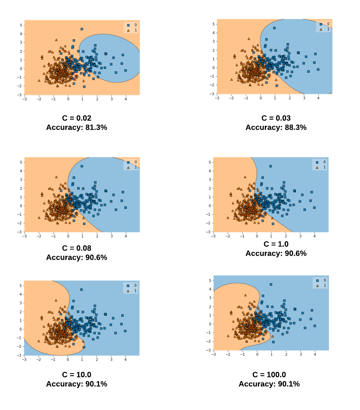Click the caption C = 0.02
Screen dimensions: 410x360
[x=76, y=118]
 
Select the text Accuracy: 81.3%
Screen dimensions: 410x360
[x=76, y=128]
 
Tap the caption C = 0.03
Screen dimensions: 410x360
[x=276, y=118]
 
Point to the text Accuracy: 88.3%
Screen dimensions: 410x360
[x=276, y=128]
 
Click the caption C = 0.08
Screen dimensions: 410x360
[x=76, y=248]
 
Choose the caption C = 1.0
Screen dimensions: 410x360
[x=276, y=244]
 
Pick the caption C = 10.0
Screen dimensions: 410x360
[x=76, y=375]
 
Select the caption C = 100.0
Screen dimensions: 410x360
[x=269, y=375]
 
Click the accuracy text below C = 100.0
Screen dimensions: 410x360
[x=269, y=384]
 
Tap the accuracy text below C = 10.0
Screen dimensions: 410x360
[x=76, y=384]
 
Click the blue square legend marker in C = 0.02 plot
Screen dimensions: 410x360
[x=128, y=25]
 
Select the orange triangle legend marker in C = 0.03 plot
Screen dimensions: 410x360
[x=321, y=29]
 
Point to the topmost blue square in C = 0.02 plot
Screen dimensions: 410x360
[x=82, y=29]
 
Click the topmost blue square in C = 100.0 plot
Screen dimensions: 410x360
[x=271, y=285]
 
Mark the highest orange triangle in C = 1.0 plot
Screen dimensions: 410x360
[x=245, y=177]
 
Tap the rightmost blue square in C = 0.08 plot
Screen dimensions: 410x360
[x=126, y=208]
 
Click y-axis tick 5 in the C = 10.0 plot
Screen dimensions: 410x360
[x=20, y=286]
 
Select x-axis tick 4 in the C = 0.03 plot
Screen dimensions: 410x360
[x=318, y=98]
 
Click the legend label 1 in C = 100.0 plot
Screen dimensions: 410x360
[x=325, y=286]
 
